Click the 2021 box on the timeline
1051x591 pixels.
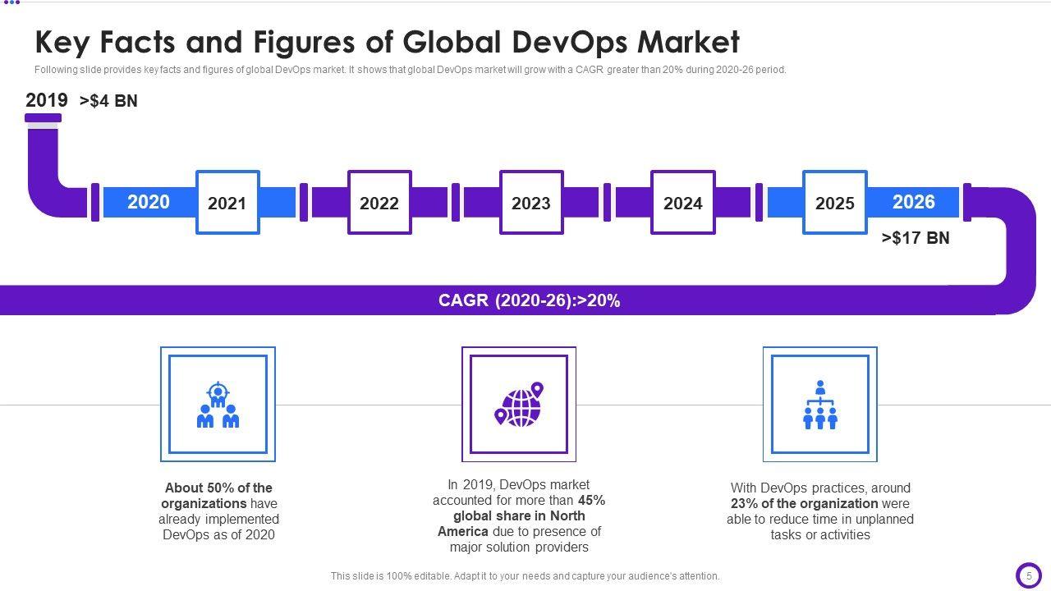click(227, 203)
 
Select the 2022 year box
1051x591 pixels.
click(379, 203)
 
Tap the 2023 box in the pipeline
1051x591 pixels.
click(531, 203)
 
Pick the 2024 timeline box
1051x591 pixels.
click(683, 203)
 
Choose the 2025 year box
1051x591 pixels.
click(834, 203)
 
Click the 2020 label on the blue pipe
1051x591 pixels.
click(149, 202)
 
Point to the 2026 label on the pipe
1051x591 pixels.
click(913, 202)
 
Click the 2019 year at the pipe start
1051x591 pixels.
click(47, 100)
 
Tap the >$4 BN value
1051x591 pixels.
click(108, 101)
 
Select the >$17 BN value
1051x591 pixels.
click(916, 238)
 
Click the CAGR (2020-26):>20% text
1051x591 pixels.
click(529, 300)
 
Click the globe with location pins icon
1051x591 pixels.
click(519, 404)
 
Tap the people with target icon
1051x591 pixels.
click(218, 405)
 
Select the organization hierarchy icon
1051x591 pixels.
click(819, 405)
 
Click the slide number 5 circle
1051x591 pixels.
click(1028, 576)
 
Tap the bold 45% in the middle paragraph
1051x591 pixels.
click(591, 500)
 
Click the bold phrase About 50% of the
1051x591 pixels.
click(218, 488)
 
